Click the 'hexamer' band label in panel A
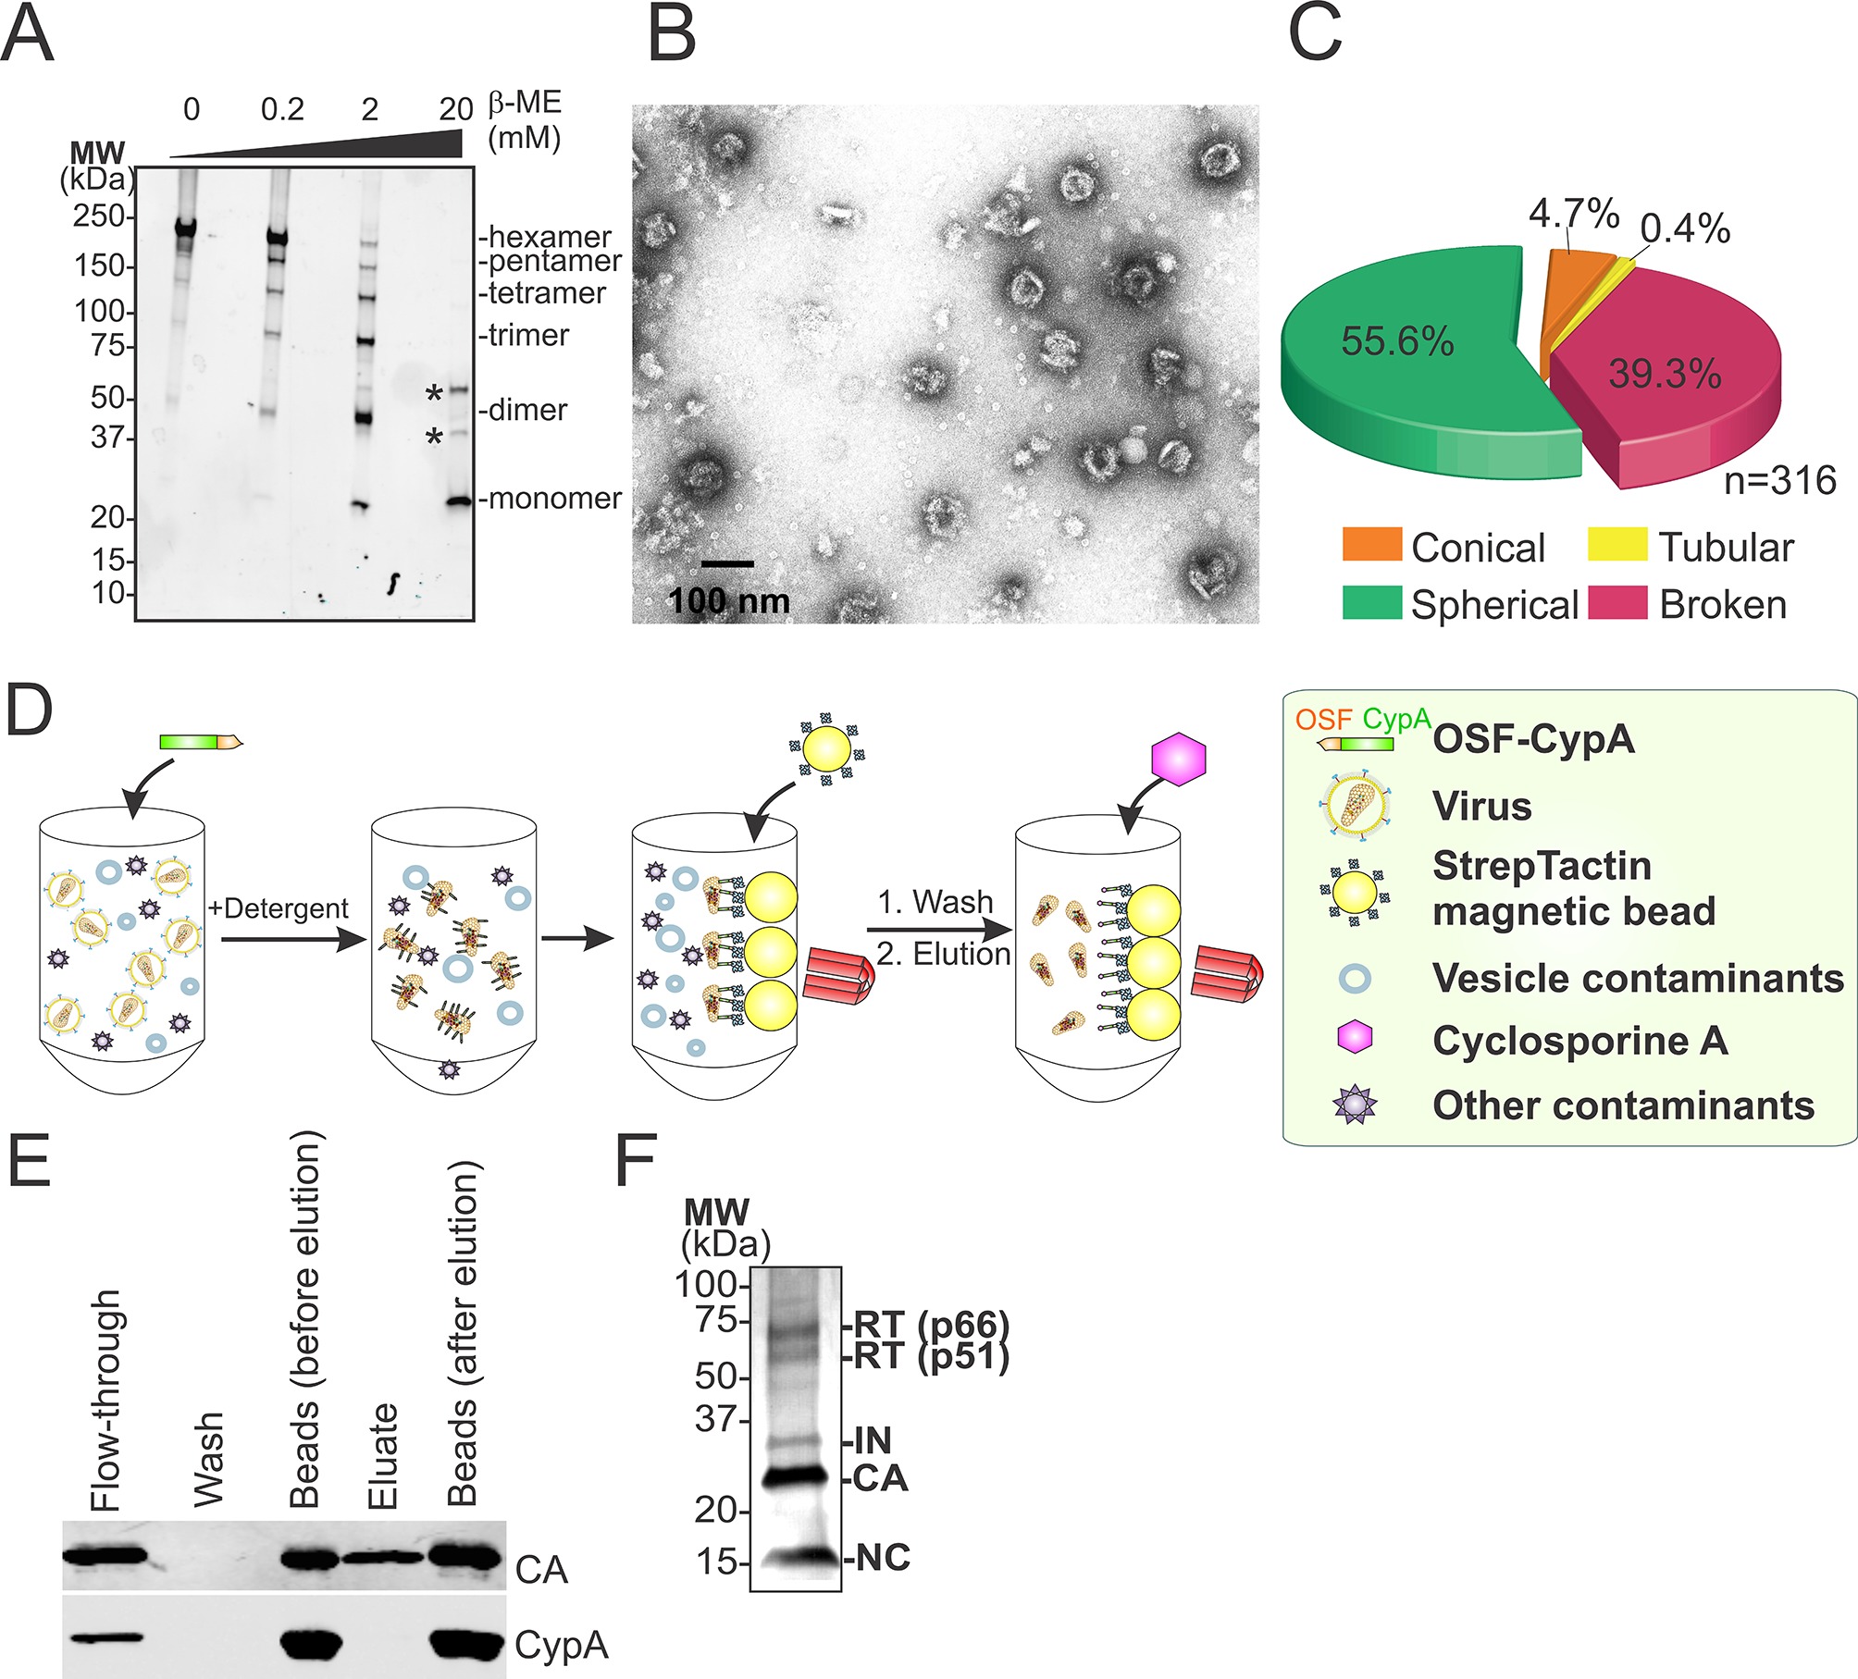pyautogui.click(x=550, y=237)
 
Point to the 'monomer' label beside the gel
pyautogui.click(x=554, y=499)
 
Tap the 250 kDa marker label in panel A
pyautogui.click(x=99, y=216)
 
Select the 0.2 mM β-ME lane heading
pyautogui.click(x=282, y=110)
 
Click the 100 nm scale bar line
pyautogui.click(x=727, y=562)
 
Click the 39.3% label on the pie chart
pyautogui.click(x=1664, y=374)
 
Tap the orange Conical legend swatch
pyautogui.click(x=1371, y=545)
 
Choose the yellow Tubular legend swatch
pyautogui.click(x=1617, y=545)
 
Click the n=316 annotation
pyautogui.click(x=1779, y=481)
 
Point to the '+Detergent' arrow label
pyautogui.click(x=279, y=908)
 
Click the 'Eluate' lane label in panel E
pyautogui.click(x=383, y=1456)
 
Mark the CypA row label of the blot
pyautogui.click(x=561, y=1645)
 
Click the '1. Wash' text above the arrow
pyautogui.click(x=935, y=902)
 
